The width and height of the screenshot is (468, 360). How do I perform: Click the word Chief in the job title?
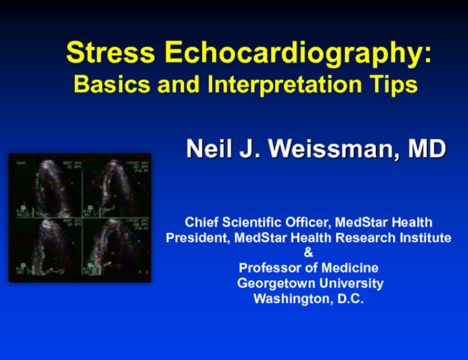(200, 222)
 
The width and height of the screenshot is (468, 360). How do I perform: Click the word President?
(196, 238)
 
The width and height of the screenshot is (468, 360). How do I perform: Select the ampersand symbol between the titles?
(309, 252)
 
